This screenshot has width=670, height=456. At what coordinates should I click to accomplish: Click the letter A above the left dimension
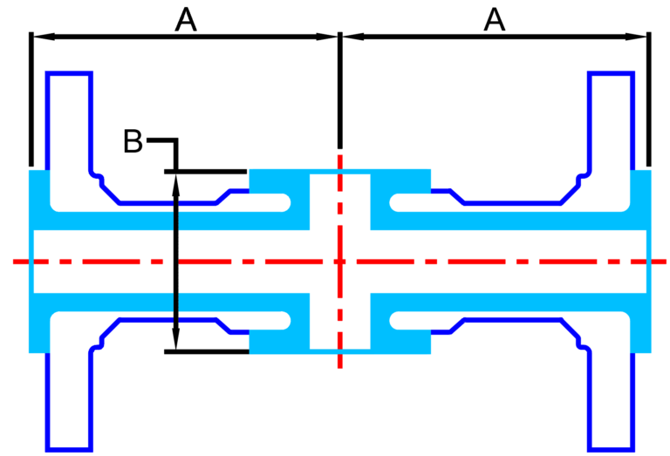[x=186, y=21]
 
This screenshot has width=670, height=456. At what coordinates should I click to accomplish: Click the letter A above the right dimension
[x=495, y=21]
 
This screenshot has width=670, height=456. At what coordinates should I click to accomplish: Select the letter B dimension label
[x=133, y=141]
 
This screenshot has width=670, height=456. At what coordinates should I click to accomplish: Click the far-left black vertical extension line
[x=31, y=99]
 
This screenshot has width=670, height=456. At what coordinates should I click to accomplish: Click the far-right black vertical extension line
[x=649, y=99]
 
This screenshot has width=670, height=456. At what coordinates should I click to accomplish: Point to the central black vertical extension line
[x=340, y=90]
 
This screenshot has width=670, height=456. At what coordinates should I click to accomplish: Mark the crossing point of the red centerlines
[x=340, y=262]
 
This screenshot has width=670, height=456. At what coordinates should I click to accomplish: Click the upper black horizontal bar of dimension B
[x=206, y=172]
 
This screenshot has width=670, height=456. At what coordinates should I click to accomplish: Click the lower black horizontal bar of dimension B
[x=207, y=352]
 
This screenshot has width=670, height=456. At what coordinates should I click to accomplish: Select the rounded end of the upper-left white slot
[x=284, y=202]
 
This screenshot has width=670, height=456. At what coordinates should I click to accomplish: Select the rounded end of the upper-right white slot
[x=397, y=202]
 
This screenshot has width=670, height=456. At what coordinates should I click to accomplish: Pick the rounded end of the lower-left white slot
[x=284, y=321]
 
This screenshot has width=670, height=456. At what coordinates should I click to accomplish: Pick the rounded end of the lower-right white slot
[x=397, y=321]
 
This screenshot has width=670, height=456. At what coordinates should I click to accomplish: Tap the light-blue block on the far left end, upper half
[x=39, y=199]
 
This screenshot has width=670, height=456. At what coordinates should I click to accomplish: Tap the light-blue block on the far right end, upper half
[x=641, y=199]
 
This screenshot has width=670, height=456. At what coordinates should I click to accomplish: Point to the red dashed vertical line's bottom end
[x=340, y=368]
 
